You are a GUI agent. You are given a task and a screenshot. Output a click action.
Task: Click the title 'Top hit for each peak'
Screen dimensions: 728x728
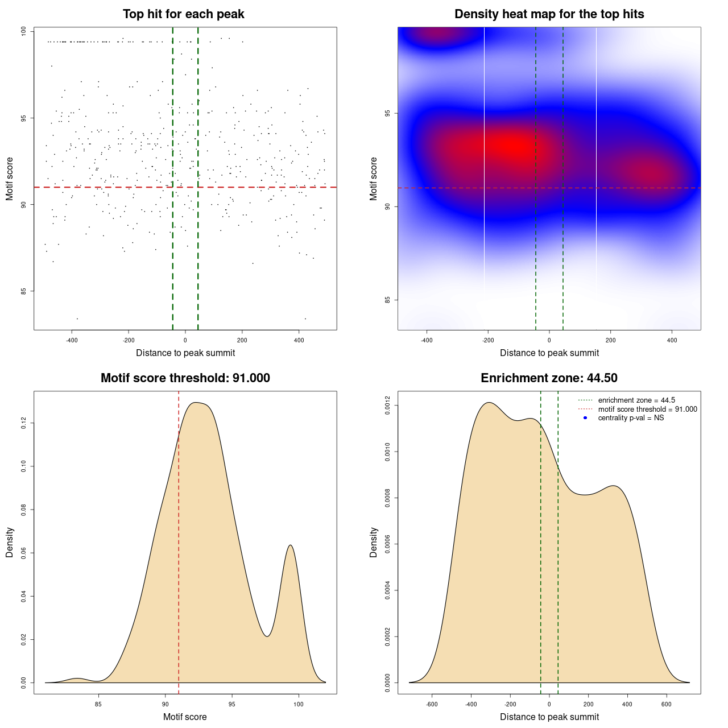click(184, 14)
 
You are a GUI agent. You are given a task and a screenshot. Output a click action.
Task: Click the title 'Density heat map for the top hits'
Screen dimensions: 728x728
click(549, 14)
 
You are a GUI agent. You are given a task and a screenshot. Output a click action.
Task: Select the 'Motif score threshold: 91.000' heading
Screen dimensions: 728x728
click(185, 378)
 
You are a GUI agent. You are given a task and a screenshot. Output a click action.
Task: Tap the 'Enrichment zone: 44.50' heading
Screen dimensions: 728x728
click(549, 378)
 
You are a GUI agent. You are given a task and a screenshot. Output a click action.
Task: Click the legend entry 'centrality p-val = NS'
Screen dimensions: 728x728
click(631, 418)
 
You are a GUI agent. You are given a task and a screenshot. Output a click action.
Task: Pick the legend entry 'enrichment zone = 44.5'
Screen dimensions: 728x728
click(636, 400)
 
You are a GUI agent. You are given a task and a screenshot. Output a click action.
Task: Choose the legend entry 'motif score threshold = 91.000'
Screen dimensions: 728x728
click(647, 409)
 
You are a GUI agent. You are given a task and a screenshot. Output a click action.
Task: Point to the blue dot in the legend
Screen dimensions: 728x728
click(585, 418)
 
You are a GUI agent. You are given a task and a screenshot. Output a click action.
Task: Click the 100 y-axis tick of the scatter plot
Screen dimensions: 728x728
click(23, 32)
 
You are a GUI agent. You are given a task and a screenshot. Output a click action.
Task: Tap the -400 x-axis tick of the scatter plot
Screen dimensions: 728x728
click(72, 340)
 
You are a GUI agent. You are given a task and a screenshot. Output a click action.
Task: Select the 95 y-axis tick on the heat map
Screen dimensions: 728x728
click(387, 114)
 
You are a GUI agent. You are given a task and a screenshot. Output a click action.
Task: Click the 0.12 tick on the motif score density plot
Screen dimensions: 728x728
click(23, 423)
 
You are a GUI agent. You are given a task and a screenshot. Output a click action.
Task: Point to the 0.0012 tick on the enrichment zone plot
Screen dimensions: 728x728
click(387, 406)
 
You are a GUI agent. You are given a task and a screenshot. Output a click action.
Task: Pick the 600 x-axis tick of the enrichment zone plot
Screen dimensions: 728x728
click(667, 704)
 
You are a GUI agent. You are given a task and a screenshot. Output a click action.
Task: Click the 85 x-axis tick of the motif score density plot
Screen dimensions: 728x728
click(98, 704)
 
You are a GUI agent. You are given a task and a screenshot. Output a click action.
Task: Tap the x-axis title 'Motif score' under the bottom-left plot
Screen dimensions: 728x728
click(185, 717)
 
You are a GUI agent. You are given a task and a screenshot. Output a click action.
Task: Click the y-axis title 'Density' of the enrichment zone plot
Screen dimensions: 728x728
click(374, 542)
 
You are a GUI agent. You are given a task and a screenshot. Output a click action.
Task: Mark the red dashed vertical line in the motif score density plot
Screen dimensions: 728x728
click(179, 540)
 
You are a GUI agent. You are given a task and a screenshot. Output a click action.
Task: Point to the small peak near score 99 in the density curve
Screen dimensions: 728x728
click(291, 545)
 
